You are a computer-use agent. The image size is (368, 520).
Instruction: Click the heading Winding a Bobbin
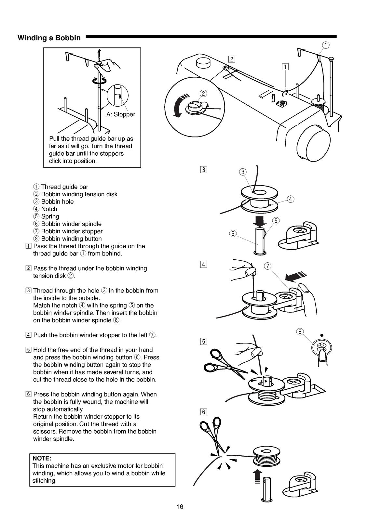(x=49, y=38)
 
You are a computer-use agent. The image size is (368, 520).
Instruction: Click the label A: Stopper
(x=121, y=114)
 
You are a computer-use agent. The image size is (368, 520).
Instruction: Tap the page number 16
(x=180, y=506)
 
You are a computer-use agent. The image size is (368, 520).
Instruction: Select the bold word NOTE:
(x=42, y=458)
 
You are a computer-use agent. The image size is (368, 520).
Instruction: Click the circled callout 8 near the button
(x=300, y=332)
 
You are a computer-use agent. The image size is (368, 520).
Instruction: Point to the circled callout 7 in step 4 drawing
(x=267, y=266)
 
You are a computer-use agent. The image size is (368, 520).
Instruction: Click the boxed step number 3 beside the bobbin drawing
(x=204, y=170)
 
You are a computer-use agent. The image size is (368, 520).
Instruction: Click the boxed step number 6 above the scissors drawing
(x=204, y=412)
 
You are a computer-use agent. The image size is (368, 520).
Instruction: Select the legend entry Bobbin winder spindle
(x=71, y=224)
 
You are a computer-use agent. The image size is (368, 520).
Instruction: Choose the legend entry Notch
(x=49, y=209)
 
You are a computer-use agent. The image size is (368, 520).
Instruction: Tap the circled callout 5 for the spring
(x=276, y=221)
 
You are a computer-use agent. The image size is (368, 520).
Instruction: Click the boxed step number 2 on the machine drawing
(x=232, y=59)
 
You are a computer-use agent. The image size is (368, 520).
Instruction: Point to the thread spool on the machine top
(x=318, y=103)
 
